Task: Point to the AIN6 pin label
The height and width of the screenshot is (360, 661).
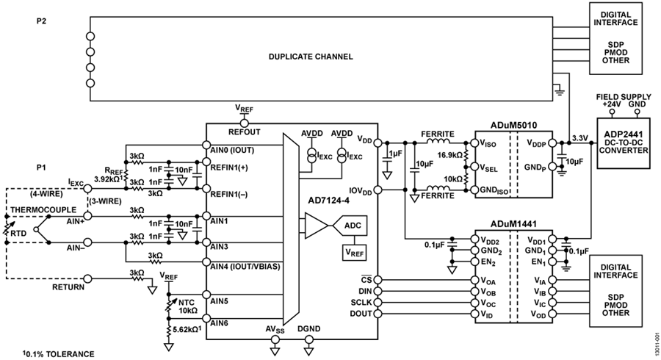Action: (219, 323)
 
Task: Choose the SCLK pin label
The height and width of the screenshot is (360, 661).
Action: (361, 303)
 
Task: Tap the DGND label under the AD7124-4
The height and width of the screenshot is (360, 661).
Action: (308, 328)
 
